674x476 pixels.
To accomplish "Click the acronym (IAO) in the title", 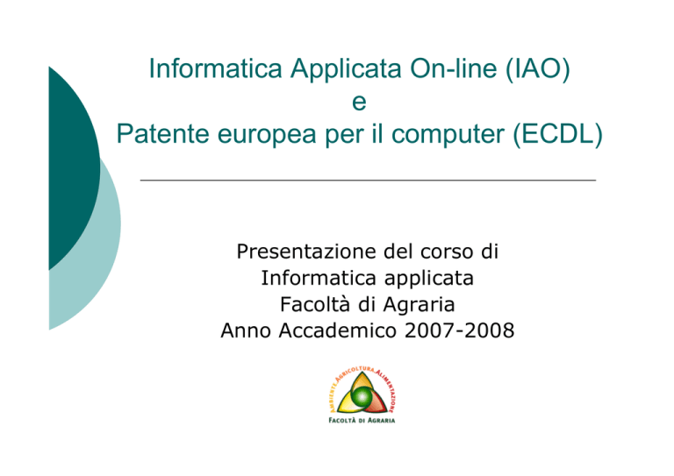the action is (x=537, y=68).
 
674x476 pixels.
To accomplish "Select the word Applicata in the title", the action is (x=347, y=68).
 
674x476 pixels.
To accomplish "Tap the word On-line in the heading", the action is (x=454, y=67).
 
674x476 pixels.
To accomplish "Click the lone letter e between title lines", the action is (x=359, y=103).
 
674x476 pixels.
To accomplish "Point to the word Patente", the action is (x=163, y=133).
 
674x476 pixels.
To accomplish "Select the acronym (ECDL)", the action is (x=557, y=134).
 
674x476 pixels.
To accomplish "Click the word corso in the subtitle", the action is (x=447, y=252).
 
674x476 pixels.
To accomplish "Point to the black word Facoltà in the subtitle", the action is (x=316, y=304).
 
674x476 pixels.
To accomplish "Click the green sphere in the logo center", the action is (x=362, y=395).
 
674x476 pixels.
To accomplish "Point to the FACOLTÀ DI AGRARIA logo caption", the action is (x=362, y=420).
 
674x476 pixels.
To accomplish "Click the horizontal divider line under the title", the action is (x=368, y=181).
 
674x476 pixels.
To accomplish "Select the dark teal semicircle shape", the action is (x=73, y=168).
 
